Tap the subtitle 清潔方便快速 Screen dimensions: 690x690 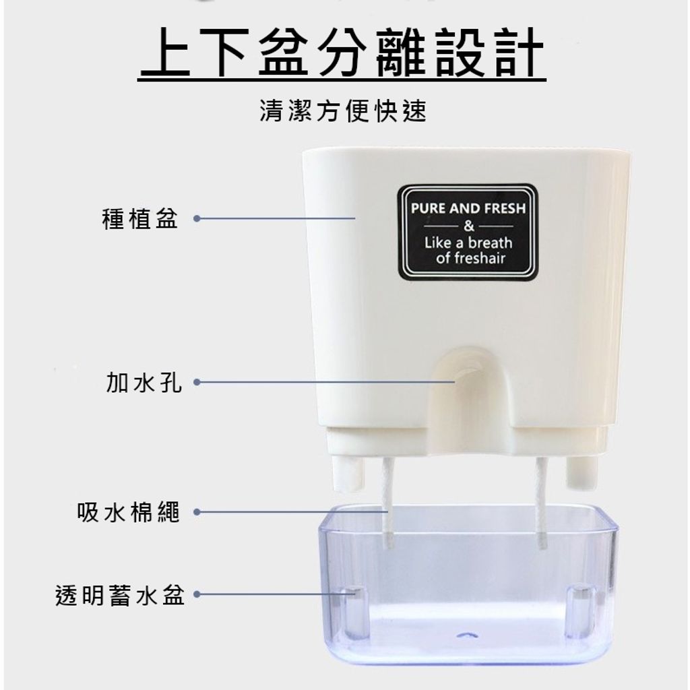[343, 111]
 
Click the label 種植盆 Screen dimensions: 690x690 [140, 219]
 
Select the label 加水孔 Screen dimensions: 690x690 [144, 382]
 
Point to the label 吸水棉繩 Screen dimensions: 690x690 [129, 512]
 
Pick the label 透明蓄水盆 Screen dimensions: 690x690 [120, 595]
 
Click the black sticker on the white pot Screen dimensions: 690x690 [468, 232]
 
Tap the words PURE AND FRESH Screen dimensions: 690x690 [468, 208]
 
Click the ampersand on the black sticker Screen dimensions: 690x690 [469, 226]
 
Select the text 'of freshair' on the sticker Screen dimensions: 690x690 [470, 258]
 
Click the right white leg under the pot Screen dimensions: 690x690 [582, 472]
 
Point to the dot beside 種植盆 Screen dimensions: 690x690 [197, 218]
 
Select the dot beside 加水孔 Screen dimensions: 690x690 [197, 382]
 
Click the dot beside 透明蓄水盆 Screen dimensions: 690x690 [197, 594]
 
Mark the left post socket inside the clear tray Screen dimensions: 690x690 [355, 612]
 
